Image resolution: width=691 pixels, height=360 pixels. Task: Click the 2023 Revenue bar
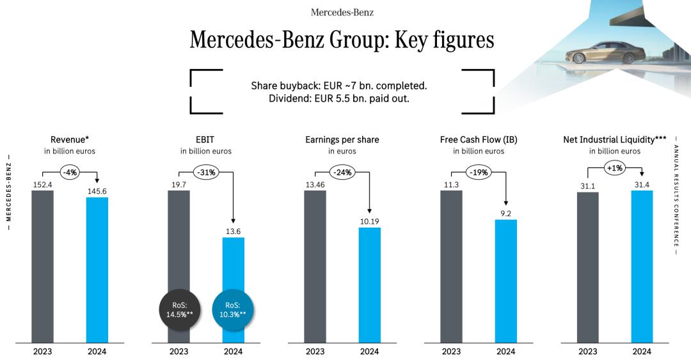click(43, 266)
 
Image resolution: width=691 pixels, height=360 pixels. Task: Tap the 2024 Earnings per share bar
click(369, 285)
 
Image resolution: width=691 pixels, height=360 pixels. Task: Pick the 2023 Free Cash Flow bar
click(451, 266)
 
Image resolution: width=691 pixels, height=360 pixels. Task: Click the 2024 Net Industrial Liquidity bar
click(642, 266)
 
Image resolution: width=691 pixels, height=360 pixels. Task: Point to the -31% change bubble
click(206, 173)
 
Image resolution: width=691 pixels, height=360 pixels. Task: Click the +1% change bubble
click(615, 169)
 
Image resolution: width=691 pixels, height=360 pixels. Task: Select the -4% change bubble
click(70, 171)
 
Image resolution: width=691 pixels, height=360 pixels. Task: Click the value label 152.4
click(42, 184)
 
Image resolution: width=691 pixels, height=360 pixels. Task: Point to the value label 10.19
click(369, 221)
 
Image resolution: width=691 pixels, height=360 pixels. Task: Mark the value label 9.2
click(505, 214)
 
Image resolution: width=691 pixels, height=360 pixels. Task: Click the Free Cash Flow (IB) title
click(479, 139)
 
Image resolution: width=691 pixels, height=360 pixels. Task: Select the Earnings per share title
click(342, 139)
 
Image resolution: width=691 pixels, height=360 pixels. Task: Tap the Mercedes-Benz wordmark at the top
click(342, 12)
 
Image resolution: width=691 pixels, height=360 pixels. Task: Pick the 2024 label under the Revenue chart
click(97, 351)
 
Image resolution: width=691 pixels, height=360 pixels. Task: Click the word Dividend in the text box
click(289, 98)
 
